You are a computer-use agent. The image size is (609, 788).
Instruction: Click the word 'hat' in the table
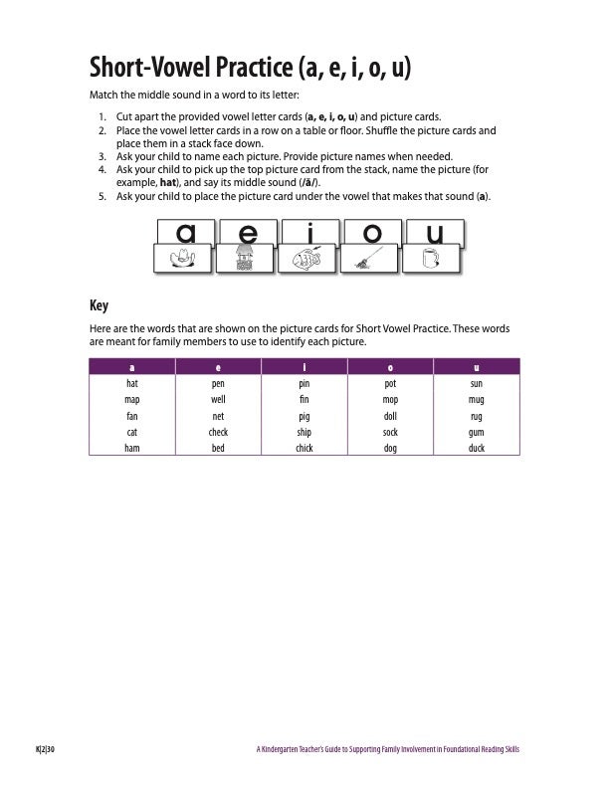(131, 382)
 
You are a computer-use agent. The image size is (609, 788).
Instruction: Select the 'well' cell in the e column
(218, 398)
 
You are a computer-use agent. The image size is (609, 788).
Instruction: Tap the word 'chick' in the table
(304, 449)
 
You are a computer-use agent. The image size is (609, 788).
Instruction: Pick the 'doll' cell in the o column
(390, 416)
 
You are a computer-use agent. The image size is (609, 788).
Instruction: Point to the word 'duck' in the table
(476, 449)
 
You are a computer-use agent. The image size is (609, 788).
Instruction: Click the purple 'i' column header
(304, 366)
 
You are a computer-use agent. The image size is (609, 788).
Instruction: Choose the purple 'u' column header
(476, 366)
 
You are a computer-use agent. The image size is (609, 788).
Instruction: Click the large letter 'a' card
(185, 233)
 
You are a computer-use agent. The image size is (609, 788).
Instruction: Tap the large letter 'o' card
(371, 233)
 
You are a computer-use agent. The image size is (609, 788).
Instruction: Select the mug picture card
(431, 259)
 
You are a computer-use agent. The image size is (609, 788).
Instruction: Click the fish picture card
(307, 260)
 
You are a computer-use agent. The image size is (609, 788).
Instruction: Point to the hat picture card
(183, 260)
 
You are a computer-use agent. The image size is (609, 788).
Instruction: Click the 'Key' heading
(99, 305)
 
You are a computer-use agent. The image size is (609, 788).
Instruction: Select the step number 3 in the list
(102, 156)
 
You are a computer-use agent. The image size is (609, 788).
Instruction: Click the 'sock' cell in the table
(390, 433)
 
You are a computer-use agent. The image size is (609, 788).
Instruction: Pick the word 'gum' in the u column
(476, 433)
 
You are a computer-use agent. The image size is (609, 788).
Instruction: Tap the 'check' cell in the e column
(218, 433)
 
